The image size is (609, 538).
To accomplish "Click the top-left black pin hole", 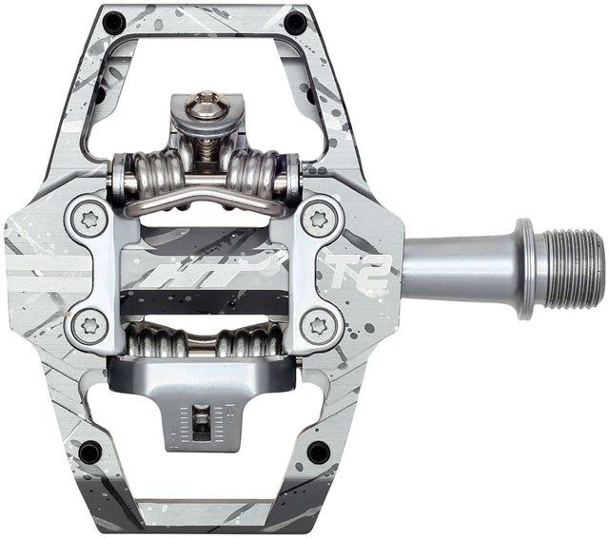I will pos(114,19).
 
